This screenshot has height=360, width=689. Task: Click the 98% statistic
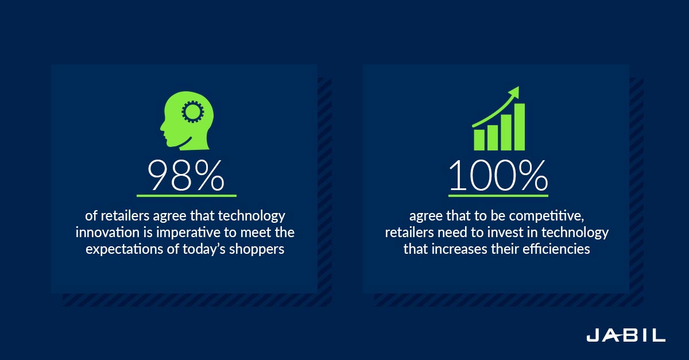[x=186, y=175]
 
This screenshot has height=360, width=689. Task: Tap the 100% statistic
[x=498, y=175]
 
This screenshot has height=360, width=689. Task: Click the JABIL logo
[x=626, y=335]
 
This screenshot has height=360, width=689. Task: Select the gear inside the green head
[x=193, y=112]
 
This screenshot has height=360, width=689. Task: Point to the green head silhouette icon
[x=187, y=121]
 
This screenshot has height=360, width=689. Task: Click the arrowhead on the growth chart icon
[x=514, y=92]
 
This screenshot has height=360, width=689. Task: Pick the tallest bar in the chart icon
[x=520, y=127]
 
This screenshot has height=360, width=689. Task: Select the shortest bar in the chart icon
[x=479, y=140]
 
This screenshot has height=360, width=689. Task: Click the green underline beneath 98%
[x=187, y=195]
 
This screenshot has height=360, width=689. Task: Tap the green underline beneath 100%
[x=498, y=195]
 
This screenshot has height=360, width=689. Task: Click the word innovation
[x=107, y=233]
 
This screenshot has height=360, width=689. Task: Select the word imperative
[x=188, y=233]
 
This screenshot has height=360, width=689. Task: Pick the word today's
[x=204, y=250]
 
